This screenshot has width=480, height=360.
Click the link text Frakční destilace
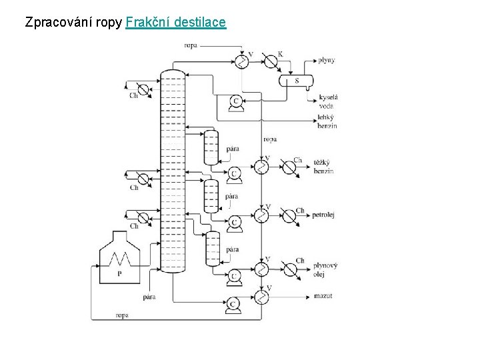coord(176,23)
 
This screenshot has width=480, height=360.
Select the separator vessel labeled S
coord(297,81)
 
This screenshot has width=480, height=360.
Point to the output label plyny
coord(325,61)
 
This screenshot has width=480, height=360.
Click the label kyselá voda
coord(327,101)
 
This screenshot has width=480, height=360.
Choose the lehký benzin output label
coord(327,121)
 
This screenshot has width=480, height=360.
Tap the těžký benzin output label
coord(324,167)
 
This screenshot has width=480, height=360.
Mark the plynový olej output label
coord(325,269)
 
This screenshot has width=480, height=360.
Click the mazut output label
coord(323,295)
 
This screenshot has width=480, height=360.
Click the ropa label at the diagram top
coord(191,45)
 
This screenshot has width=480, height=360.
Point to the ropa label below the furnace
coord(122,315)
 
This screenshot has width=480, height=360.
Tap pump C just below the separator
coord(235,101)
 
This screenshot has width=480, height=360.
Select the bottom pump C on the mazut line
coord(233,303)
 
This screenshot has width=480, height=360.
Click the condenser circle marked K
coord(271,61)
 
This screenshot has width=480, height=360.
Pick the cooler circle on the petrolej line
coord(289,215)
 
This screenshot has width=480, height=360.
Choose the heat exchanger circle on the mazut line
coord(261,296)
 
